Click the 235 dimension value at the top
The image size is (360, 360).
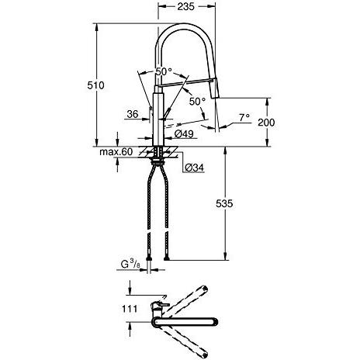click(x=185, y=6)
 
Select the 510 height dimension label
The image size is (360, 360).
click(x=95, y=85)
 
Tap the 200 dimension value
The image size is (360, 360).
click(x=266, y=123)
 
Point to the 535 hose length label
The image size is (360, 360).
click(x=224, y=204)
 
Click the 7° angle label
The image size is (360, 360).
click(x=244, y=118)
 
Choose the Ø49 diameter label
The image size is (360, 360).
click(x=184, y=133)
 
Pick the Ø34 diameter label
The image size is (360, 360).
click(x=194, y=168)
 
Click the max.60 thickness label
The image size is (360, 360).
click(x=116, y=152)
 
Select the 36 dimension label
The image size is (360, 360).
click(x=133, y=114)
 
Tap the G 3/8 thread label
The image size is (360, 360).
click(x=130, y=265)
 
